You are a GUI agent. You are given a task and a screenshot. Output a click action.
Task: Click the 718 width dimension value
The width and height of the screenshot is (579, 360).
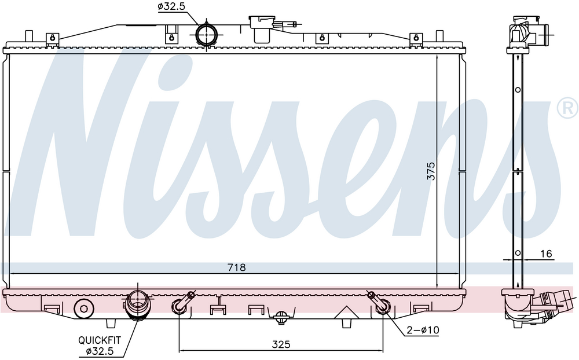(236, 267)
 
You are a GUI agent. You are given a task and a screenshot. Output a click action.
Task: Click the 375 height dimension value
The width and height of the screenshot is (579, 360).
(431, 171)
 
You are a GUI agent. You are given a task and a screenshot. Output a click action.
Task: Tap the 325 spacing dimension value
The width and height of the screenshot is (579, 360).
(281, 344)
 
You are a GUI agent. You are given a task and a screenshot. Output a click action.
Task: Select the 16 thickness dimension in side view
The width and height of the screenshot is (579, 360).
(546, 254)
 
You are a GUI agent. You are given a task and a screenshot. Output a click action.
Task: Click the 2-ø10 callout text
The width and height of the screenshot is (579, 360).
(423, 330)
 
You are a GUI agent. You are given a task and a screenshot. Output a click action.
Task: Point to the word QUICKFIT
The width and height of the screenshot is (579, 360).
(100, 340)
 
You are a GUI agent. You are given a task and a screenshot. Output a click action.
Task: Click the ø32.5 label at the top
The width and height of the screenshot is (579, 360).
(171, 6)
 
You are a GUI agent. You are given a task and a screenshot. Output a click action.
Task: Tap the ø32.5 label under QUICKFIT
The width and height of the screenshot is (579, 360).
(100, 351)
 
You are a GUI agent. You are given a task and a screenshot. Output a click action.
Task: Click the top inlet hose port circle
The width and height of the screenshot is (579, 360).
(206, 35)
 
